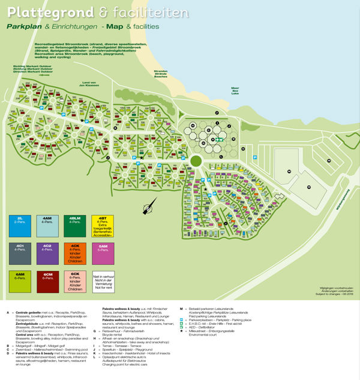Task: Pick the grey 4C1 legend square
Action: [20, 254]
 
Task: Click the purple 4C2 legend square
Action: [47, 254]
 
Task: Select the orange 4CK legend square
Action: [75, 254]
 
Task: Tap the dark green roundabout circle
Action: [196, 161]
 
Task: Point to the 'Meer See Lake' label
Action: [235, 91]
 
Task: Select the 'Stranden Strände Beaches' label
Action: [161, 74]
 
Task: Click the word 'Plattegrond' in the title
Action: [42, 11]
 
